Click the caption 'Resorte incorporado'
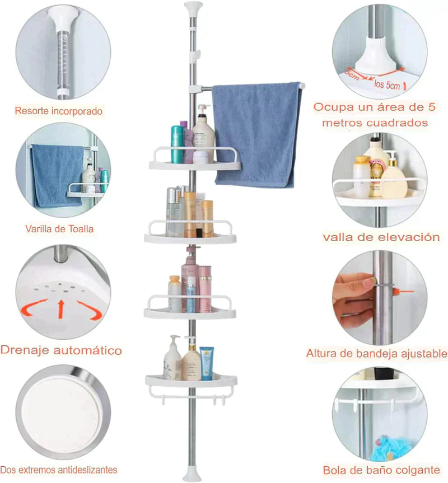(x=59, y=111)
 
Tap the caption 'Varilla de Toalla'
(x=59, y=228)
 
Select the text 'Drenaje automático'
(x=61, y=351)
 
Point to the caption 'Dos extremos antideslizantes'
(x=59, y=470)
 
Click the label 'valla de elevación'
(x=381, y=237)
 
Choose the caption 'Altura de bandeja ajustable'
(x=376, y=354)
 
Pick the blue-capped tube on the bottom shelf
(x=207, y=363)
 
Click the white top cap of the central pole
(x=192, y=8)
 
